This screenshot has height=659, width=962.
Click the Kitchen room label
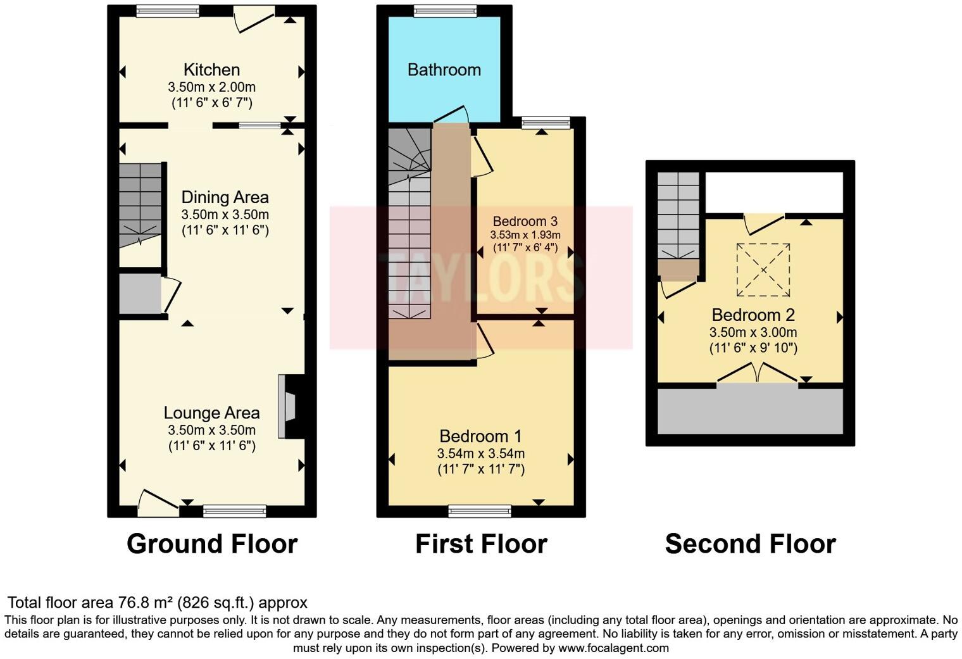click(x=211, y=70)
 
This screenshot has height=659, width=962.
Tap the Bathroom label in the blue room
click(x=444, y=70)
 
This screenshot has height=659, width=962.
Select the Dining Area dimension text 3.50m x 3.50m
click(x=225, y=214)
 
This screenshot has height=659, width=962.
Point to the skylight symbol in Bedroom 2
click(x=763, y=270)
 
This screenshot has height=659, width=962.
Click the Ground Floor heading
click(x=211, y=544)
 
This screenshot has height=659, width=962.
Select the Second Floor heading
click(x=750, y=544)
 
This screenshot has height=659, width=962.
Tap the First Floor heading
click(x=481, y=544)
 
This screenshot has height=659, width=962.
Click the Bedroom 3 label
click(x=525, y=221)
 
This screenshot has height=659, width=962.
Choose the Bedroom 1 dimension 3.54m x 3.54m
click(x=480, y=453)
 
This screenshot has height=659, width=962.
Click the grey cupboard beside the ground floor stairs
click(x=140, y=292)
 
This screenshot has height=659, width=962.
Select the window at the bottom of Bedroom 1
click(x=480, y=510)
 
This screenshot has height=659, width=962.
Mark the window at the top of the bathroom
click(x=444, y=11)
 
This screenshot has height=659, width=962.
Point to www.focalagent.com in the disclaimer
click(x=613, y=648)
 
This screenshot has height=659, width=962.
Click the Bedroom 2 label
click(x=753, y=315)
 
